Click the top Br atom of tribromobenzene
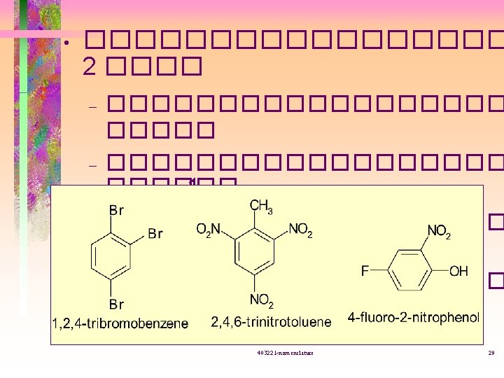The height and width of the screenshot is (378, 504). coord(116,209)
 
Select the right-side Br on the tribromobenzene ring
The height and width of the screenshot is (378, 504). coord(156,233)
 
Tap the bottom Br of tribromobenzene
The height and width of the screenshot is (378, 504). coord(116,304)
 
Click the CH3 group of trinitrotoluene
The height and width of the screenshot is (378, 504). coord(261,206)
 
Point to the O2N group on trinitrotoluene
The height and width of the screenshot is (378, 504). coord(209,229)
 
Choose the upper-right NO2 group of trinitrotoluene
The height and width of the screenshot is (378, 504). coord(300,229)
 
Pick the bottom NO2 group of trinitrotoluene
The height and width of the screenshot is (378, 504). coord(261,301)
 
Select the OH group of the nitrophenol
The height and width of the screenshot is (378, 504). coord(458,271)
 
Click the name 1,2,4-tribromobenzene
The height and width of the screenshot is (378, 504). coord(120,322)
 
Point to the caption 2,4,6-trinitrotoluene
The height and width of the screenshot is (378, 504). coord(271,322)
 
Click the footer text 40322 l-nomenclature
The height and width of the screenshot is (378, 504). coord(286,353)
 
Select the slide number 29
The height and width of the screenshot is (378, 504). coord(491,353)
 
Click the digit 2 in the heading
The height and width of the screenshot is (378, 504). coord(89,66)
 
